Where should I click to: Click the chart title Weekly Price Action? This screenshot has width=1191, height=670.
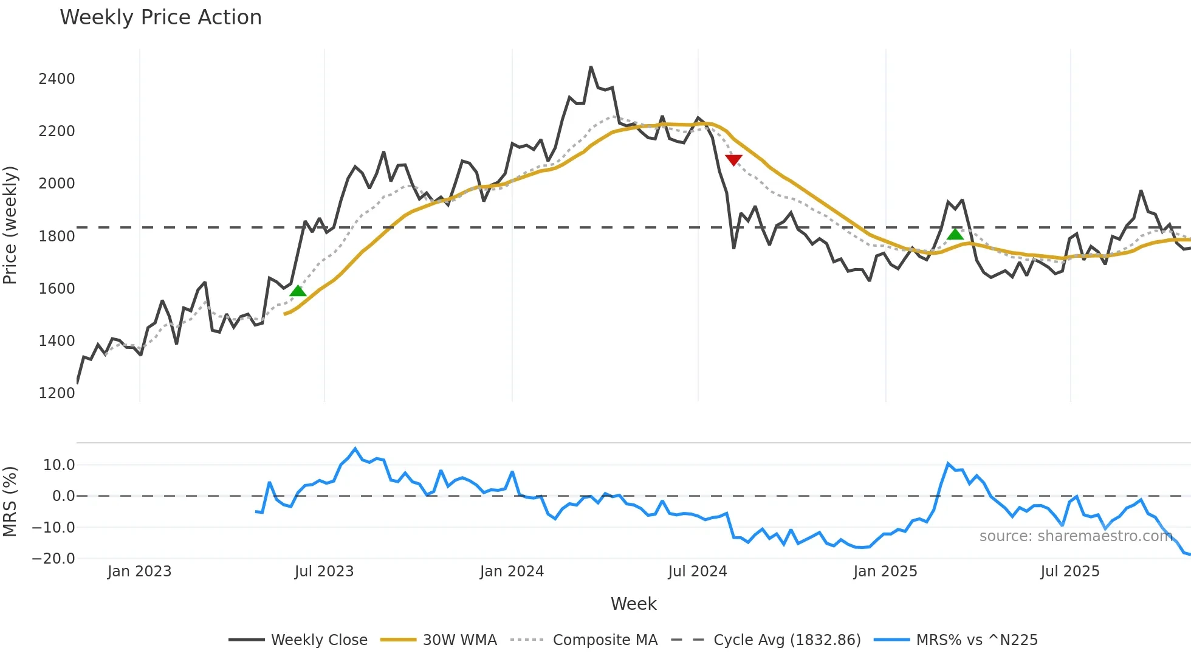(x=160, y=18)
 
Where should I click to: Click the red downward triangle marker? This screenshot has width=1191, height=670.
(x=733, y=160)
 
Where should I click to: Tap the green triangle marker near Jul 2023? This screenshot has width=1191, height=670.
(x=298, y=291)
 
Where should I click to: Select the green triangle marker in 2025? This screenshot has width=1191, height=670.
(x=955, y=234)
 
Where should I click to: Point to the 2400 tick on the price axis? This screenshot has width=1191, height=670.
(x=57, y=79)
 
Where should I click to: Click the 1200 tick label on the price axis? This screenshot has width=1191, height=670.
(x=57, y=393)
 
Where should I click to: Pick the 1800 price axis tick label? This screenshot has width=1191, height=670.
(x=57, y=237)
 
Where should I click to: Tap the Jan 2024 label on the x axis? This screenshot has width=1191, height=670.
(x=512, y=572)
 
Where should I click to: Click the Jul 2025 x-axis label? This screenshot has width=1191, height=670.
(x=1070, y=572)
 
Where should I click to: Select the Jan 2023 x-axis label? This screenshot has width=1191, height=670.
(x=139, y=572)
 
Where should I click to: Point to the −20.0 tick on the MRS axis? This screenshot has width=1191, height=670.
(x=53, y=559)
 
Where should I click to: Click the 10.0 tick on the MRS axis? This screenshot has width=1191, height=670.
(x=59, y=465)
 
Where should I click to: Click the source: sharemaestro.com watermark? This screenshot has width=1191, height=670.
(x=1076, y=536)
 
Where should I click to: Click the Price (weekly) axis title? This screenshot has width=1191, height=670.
(x=10, y=225)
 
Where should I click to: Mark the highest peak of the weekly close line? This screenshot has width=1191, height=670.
(x=591, y=67)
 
